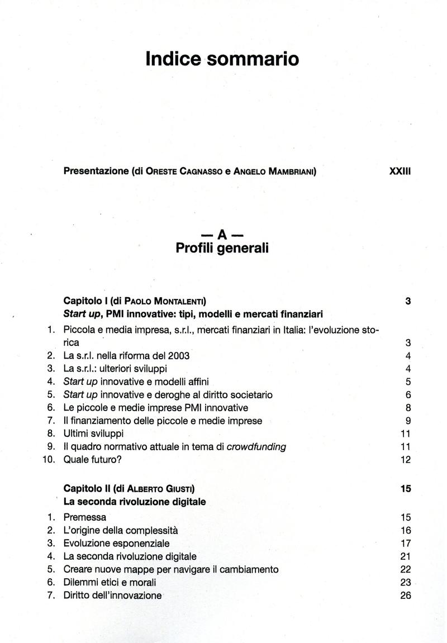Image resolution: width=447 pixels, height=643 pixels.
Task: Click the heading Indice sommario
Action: click(222, 59)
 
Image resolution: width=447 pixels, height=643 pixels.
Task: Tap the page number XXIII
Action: click(400, 172)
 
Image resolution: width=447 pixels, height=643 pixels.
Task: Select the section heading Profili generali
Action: click(222, 247)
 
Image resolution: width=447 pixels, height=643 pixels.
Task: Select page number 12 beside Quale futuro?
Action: click(406, 460)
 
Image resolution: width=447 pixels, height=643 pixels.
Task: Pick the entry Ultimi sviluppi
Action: click(94, 433)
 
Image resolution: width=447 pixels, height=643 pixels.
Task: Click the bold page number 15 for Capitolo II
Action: click(406, 488)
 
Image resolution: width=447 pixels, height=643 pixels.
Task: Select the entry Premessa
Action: click(85, 517)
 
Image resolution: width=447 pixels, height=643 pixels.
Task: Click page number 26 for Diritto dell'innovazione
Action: click(406, 596)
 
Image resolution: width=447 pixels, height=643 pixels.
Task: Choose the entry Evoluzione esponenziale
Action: click(116, 543)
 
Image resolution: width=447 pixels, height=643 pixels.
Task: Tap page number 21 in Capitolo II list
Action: click(406, 556)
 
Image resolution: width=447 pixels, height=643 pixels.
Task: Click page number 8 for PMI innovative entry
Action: click(408, 408)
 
